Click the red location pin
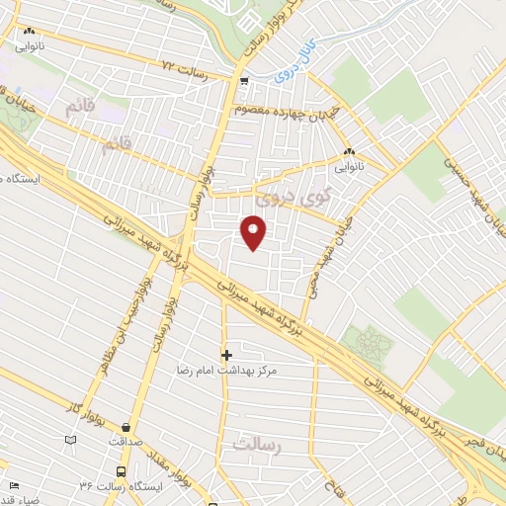[254, 233]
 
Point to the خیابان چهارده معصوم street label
[287, 111]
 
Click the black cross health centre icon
[226, 354]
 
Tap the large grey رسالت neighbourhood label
[258, 447]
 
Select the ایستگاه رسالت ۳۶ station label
[119, 486]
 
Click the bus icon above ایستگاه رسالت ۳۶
[121, 470]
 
